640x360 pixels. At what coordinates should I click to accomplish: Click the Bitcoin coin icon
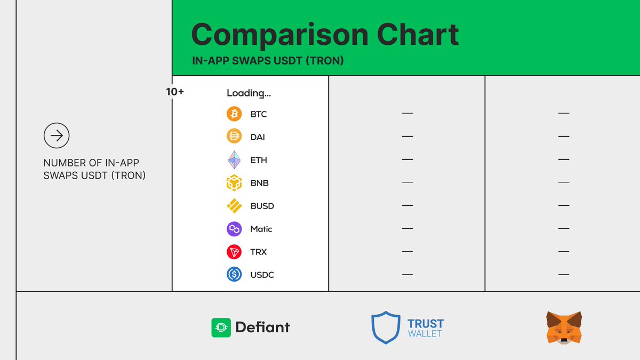coord(234,114)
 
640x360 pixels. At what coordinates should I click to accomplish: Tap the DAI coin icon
coord(234,137)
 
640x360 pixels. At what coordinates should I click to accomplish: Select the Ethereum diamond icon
coord(234,160)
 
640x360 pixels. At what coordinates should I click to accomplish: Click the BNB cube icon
coord(234,183)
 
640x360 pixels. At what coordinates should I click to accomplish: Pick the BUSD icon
coord(234,206)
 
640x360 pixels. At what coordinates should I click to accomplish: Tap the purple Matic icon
coord(234,229)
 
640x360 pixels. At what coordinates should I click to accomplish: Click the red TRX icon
coord(234,252)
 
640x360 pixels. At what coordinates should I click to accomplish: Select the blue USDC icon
coord(234,275)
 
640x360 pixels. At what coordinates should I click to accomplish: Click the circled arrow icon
coord(57,136)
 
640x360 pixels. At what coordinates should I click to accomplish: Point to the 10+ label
coord(175,92)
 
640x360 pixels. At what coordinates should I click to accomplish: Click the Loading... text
coord(249,93)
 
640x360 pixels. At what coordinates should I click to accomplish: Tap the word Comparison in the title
coord(279,35)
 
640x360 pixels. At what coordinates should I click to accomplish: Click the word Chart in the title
coord(418,35)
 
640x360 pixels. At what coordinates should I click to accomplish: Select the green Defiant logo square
coord(221,327)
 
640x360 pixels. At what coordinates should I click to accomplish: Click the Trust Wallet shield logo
coord(386,327)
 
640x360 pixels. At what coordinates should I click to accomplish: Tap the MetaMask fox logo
coord(564,327)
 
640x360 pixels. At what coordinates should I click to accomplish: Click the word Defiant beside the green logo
coord(263,327)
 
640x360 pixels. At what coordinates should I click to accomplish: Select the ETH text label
coord(259,160)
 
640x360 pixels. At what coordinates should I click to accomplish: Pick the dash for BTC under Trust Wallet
coord(407,114)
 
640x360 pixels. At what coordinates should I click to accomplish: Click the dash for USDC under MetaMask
coord(564,275)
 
